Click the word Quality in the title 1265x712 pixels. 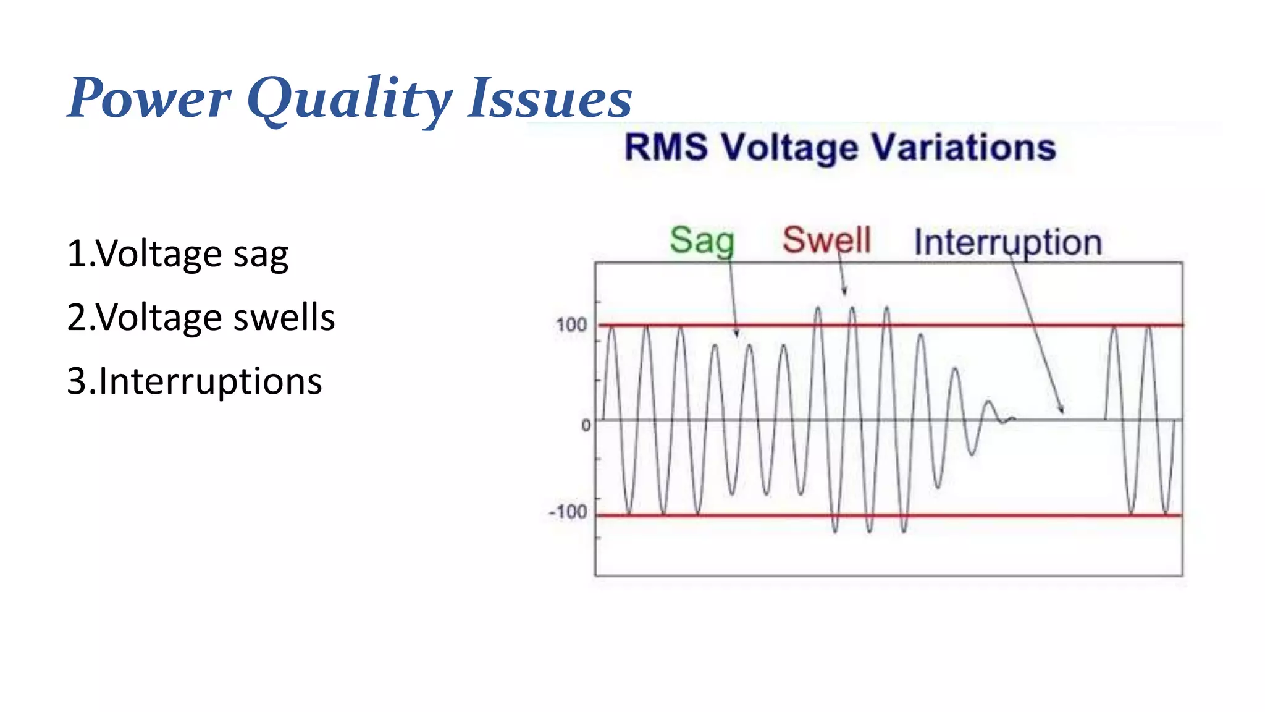click(x=350, y=99)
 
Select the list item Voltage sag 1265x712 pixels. click(x=178, y=253)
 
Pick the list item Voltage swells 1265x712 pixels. click(x=201, y=318)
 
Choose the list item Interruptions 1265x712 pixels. click(x=195, y=381)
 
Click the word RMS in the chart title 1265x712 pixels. click(x=666, y=148)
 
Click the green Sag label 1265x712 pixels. click(x=702, y=240)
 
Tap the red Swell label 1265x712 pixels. click(x=826, y=240)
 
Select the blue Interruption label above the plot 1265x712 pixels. click(x=1007, y=242)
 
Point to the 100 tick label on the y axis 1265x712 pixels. click(x=571, y=325)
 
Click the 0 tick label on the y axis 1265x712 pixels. click(x=586, y=425)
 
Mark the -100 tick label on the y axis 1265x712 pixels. click(x=568, y=512)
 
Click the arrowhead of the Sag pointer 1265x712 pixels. click(x=736, y=334)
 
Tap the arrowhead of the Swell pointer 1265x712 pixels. click(x=844, y=292)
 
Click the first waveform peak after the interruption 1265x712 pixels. click(x=1114, y=328)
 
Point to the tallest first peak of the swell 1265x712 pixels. click(x=818, y=308)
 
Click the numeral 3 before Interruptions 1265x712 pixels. click(x=77, y=381)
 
